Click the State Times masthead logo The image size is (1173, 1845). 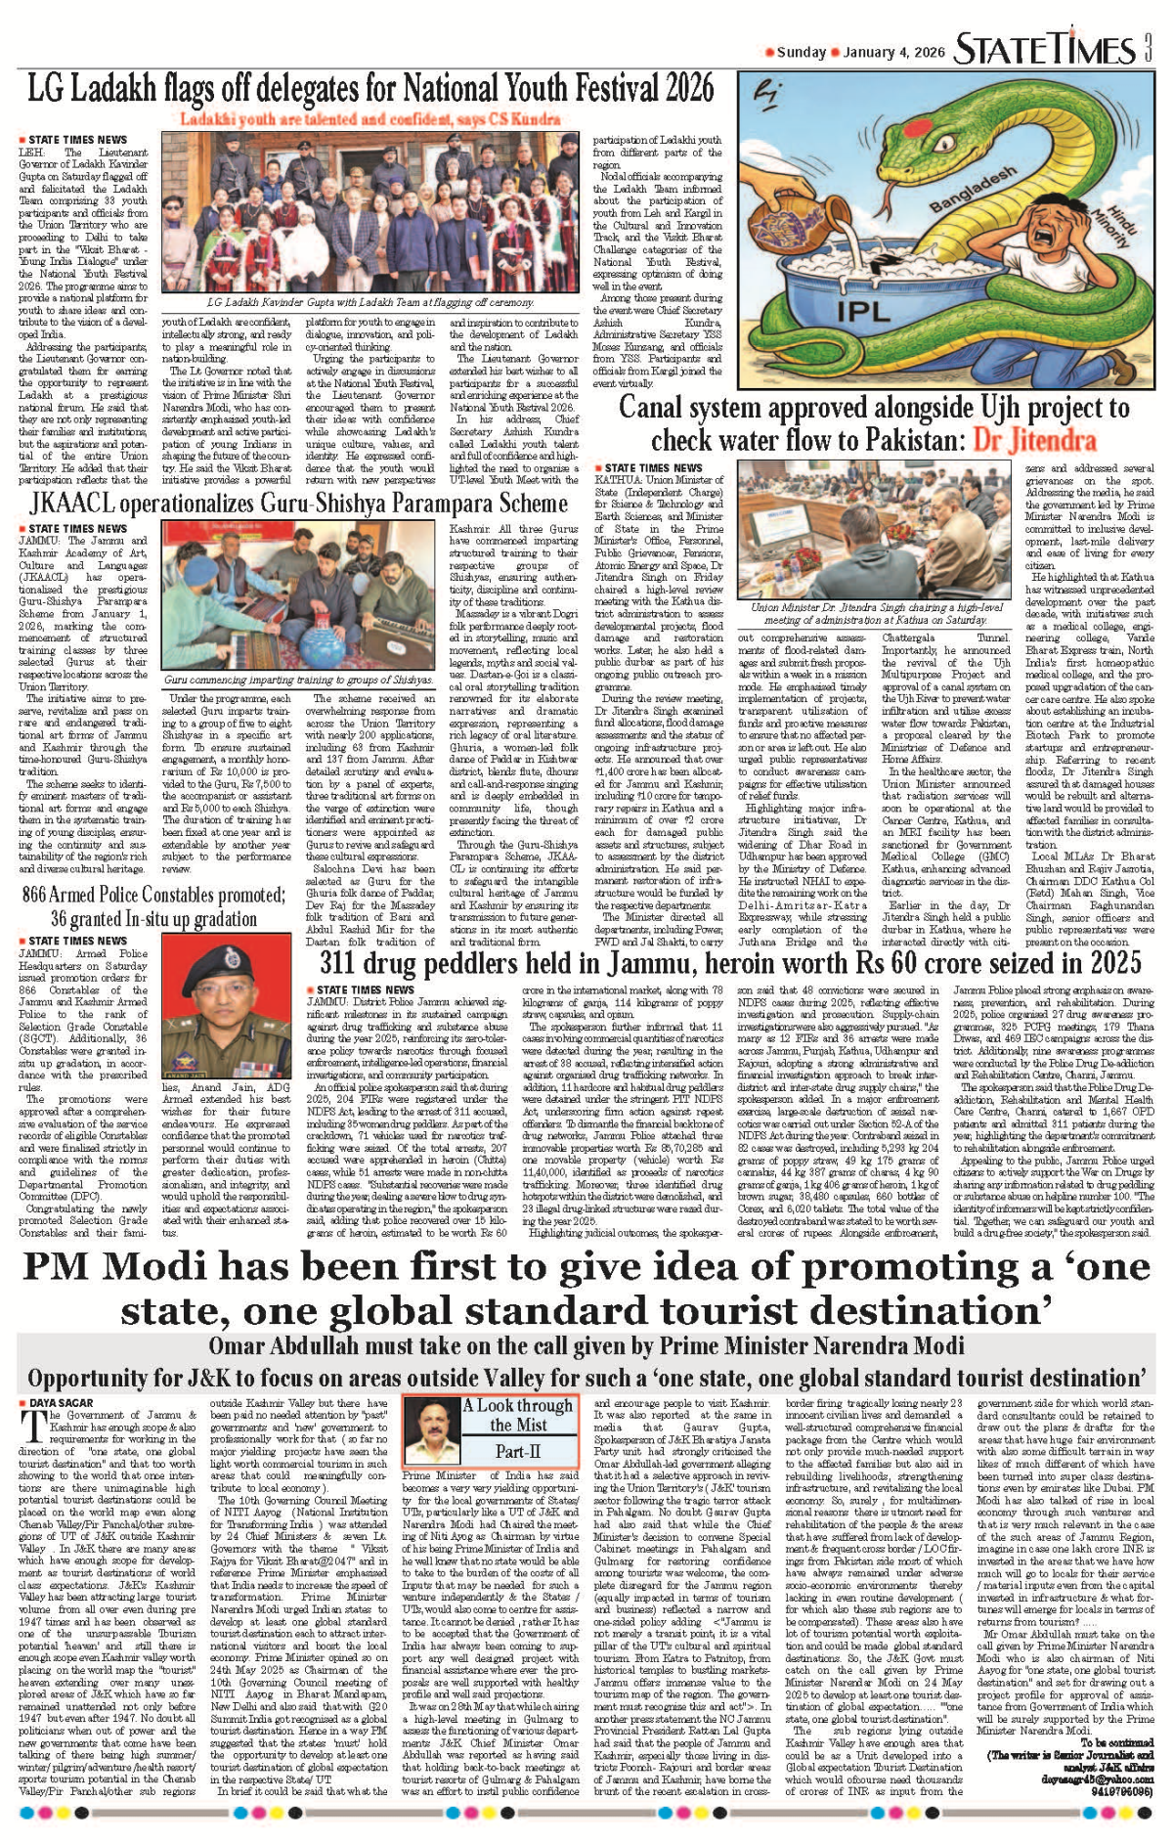click(1044, 49)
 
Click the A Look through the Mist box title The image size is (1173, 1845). click(518, 1415)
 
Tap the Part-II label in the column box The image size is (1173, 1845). click(518, 1451)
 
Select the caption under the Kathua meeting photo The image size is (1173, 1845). click(877, 613)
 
